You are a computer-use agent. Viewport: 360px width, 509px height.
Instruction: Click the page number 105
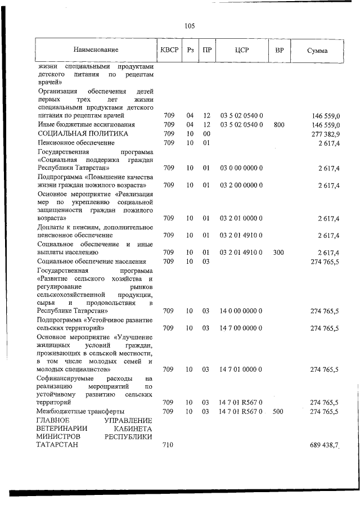coord(189,26)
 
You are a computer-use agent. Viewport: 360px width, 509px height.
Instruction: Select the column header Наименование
coord(96,50)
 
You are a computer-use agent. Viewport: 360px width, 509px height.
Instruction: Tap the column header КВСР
coord(169,50)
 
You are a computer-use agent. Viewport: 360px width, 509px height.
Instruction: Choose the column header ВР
coord(279,50)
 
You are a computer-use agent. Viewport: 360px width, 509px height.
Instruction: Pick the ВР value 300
coord(278,253)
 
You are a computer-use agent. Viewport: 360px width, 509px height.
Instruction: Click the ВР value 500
coord(278,412)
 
